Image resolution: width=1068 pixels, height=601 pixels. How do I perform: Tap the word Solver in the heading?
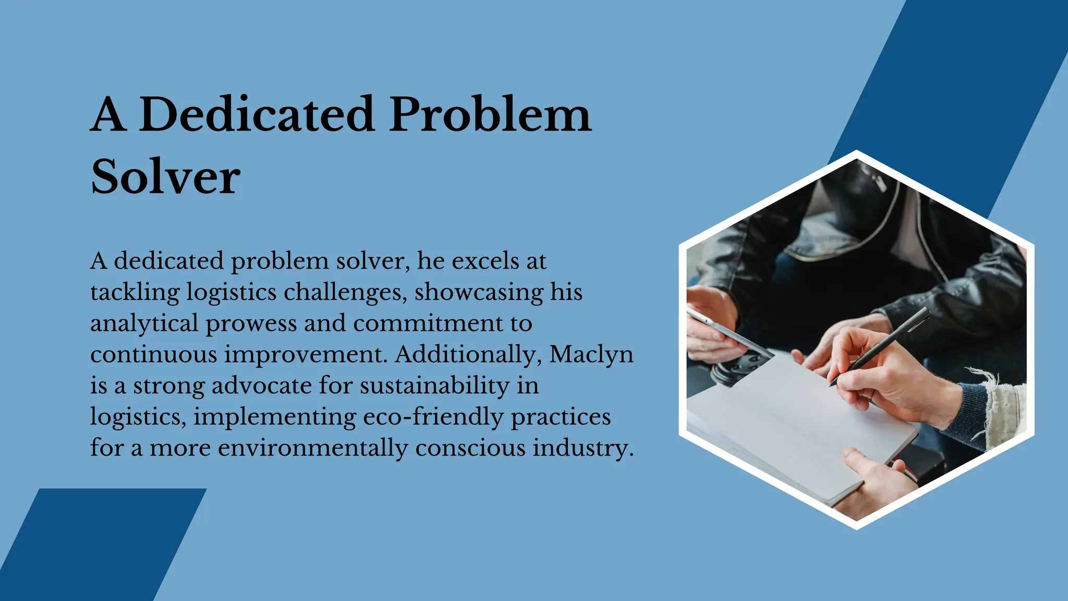tap(166, 177)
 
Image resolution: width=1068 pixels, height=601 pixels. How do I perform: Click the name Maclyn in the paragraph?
tap(591, 355)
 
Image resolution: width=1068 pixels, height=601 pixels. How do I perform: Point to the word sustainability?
tap(434, 386)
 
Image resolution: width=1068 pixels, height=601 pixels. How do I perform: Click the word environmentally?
tap(312, 449)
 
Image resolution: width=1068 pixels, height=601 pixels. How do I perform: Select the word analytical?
tap(144, 324)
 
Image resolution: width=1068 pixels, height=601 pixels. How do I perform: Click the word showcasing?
tap(479, 293)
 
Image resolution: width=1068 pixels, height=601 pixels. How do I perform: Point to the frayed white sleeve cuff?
tap(999, 402)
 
